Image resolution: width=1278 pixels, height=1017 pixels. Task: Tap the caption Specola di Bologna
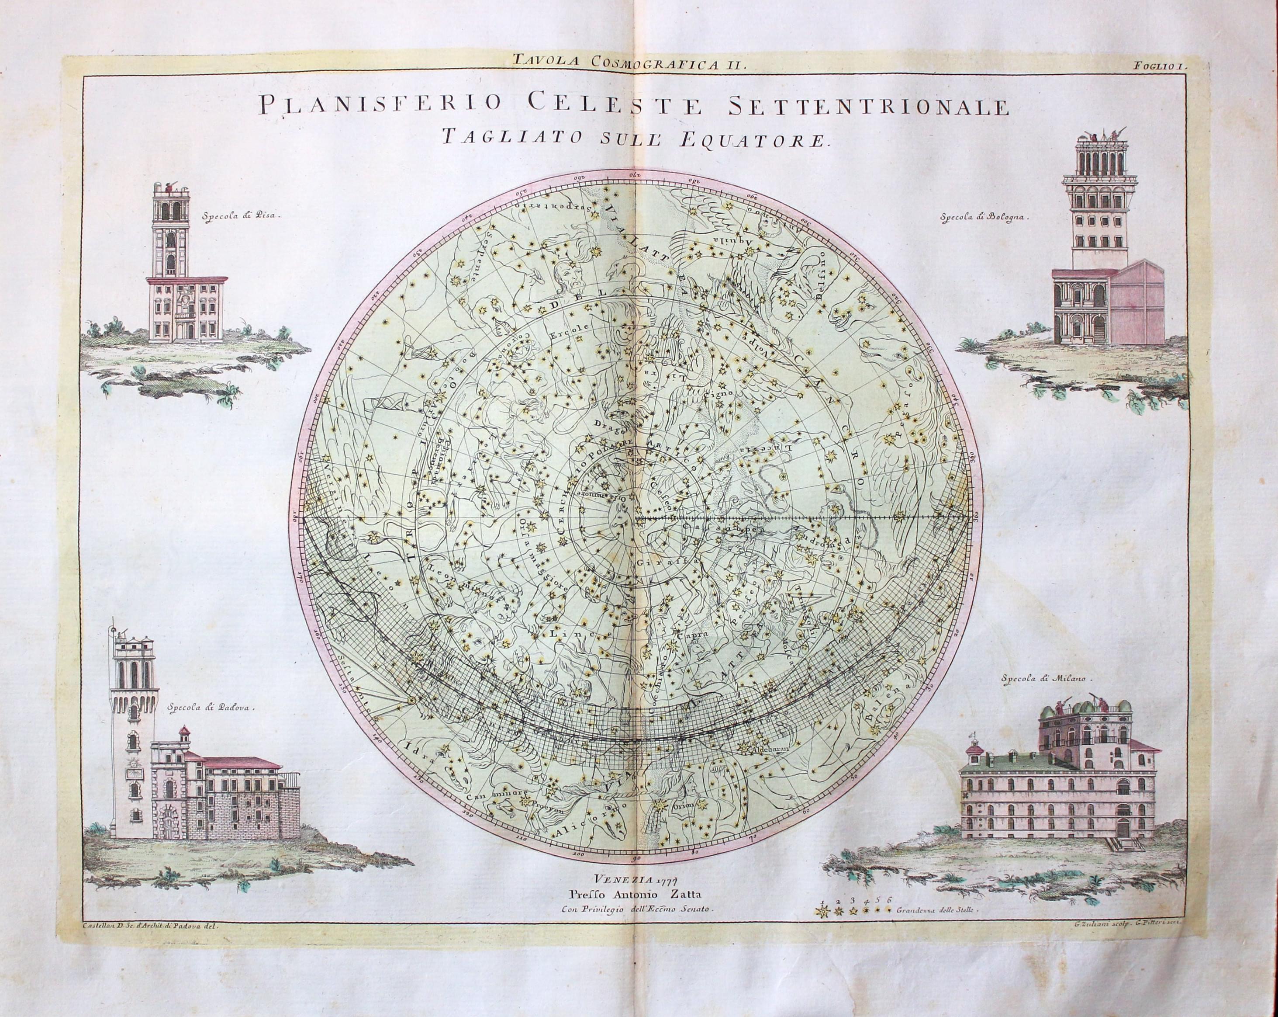pos(984,217)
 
